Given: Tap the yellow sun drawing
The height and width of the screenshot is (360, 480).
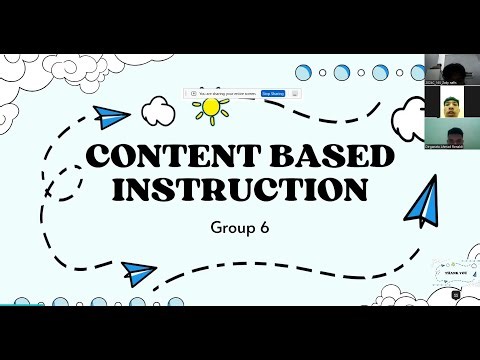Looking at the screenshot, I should click(x=211, y=106).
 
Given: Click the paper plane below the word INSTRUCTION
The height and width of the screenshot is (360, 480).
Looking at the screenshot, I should click(x=140, y=270).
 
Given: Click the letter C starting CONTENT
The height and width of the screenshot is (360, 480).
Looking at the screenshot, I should click(x=96, y=158).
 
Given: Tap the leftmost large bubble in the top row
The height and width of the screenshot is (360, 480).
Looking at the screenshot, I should click(x=303, y=71).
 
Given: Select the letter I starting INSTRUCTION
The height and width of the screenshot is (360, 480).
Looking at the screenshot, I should click(x=121, y=188).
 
